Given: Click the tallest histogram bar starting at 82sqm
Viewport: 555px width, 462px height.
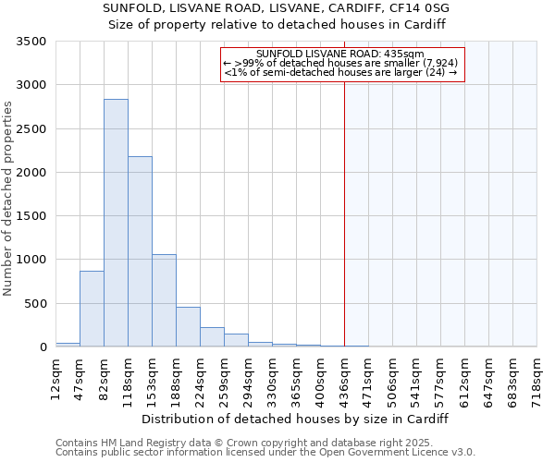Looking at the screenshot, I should click(116, 223).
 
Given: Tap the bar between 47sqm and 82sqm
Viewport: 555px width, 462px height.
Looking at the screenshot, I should click(92, 309).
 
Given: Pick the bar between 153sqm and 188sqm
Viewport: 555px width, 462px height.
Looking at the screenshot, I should click(164, 300).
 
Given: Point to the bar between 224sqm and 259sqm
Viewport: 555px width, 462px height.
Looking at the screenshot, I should click(212, 337).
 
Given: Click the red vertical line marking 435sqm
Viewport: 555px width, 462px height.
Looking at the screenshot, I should click(344, 203).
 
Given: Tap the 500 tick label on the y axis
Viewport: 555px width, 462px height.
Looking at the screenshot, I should click(35, 304).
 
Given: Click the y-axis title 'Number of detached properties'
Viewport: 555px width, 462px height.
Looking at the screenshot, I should click(8, 199).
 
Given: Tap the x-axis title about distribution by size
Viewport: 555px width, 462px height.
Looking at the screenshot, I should click(296, 419).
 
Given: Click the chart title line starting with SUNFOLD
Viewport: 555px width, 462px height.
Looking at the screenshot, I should click(277, 7).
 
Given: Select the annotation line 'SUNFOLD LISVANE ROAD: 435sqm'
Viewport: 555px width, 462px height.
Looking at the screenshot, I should click(340, 54).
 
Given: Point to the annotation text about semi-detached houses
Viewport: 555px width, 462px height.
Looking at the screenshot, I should click(340, 72).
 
